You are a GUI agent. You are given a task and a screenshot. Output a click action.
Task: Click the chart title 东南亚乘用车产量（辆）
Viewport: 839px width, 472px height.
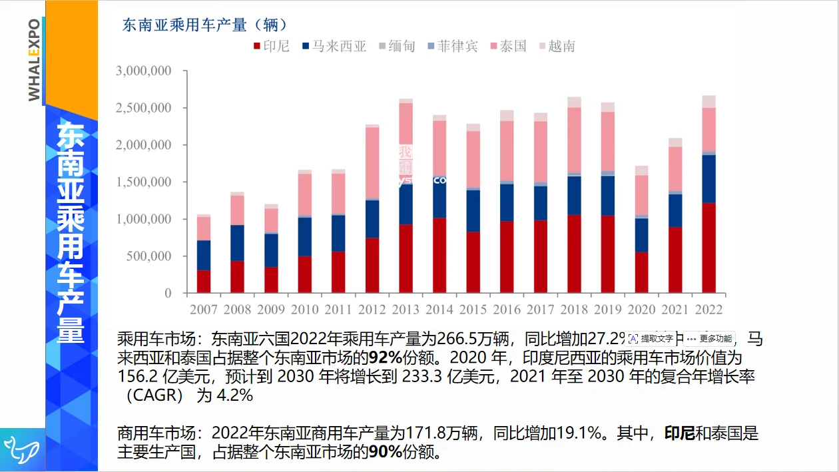(x=205, y=25)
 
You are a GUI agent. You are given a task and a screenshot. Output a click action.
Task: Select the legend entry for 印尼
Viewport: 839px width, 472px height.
(x=271, y=46)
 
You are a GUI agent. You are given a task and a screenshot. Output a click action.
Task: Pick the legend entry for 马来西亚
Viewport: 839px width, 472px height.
(x=334, y=46)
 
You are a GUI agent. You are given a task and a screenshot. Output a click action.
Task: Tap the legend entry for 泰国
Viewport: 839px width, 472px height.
(x=508, y=46)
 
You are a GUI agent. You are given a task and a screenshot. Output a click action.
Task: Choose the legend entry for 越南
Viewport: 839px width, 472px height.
(x=557, y=46)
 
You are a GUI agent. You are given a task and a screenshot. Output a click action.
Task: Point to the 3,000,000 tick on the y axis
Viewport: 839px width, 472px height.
(x=143, y=71)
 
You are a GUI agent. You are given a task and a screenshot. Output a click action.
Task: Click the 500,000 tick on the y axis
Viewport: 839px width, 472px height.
(x=148, y=256)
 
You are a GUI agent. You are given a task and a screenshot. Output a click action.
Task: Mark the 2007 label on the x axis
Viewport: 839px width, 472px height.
(x=203, y=310)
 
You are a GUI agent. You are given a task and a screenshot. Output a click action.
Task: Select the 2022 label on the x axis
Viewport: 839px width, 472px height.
(x=708, y=310)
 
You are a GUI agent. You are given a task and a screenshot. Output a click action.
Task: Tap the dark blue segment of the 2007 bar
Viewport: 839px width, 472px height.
(x=203, y=255)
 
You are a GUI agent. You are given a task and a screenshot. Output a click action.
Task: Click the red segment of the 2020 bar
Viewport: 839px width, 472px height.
(x=641, y=272)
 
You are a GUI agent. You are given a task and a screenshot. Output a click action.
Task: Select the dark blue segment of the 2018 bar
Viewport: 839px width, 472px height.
(x=574, y=195)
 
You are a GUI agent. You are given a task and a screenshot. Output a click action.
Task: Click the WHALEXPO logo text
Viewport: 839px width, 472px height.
(x=33, y=60)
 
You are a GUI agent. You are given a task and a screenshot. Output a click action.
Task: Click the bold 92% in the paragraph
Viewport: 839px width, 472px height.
(x=378, y=357)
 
